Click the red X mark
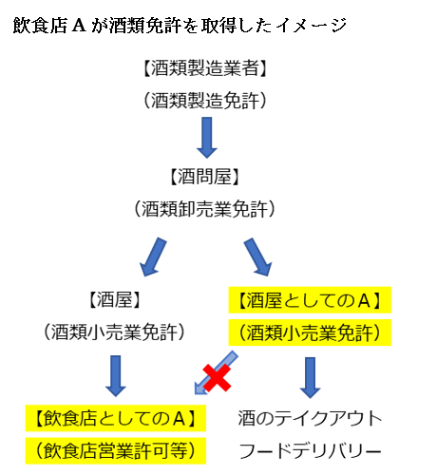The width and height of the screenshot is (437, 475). pos(217,378)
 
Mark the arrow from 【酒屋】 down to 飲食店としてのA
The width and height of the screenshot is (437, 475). pos(115,375)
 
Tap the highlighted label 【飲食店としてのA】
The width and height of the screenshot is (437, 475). pos(113,418)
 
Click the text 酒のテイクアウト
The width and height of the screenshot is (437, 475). pos(310,418)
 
